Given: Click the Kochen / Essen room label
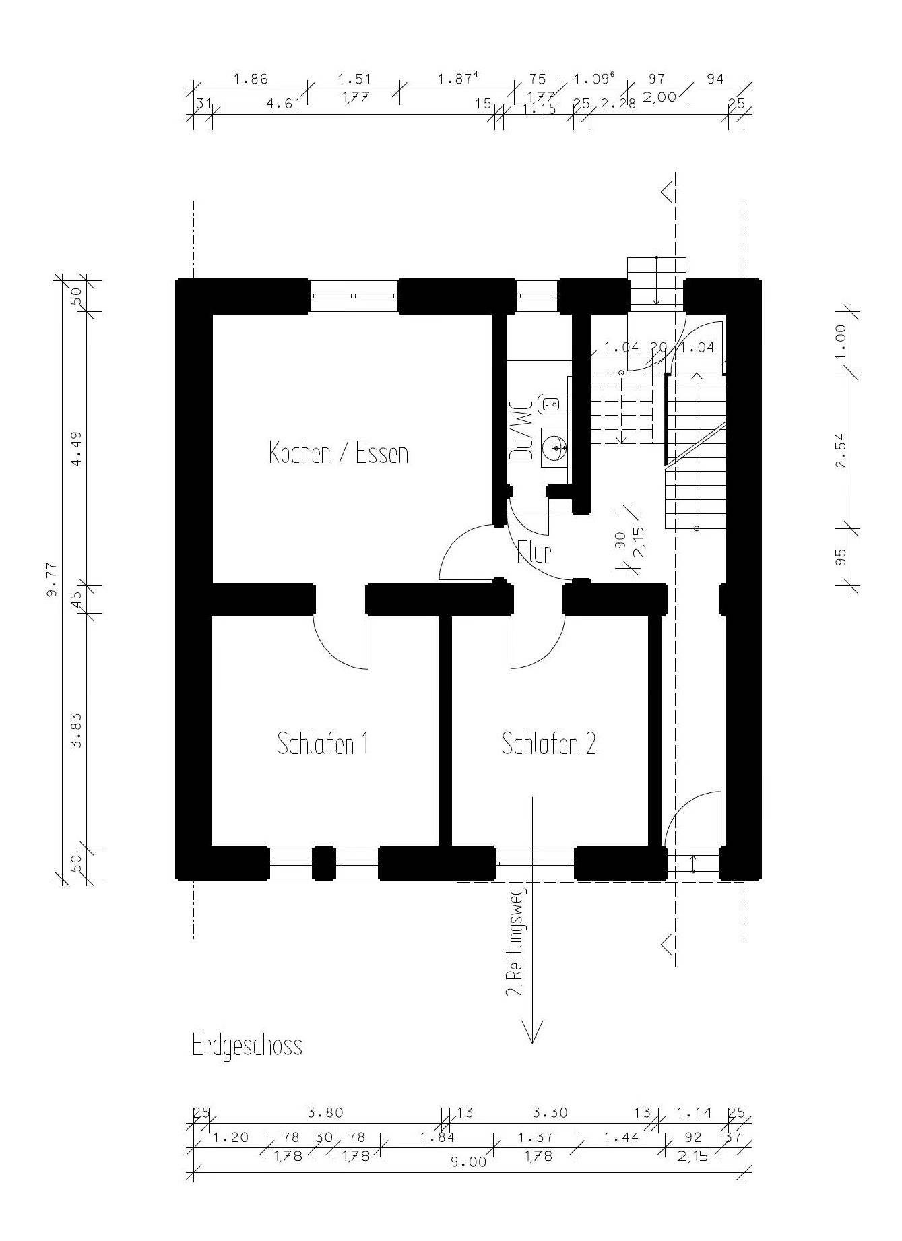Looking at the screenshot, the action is tap(339, 452).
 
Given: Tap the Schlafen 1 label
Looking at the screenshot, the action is tap(323, 744).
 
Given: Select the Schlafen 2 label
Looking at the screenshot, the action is tap(549, 744).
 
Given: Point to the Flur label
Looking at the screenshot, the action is tap(535, 552).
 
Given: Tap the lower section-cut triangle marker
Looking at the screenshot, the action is tap(668, 944).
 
